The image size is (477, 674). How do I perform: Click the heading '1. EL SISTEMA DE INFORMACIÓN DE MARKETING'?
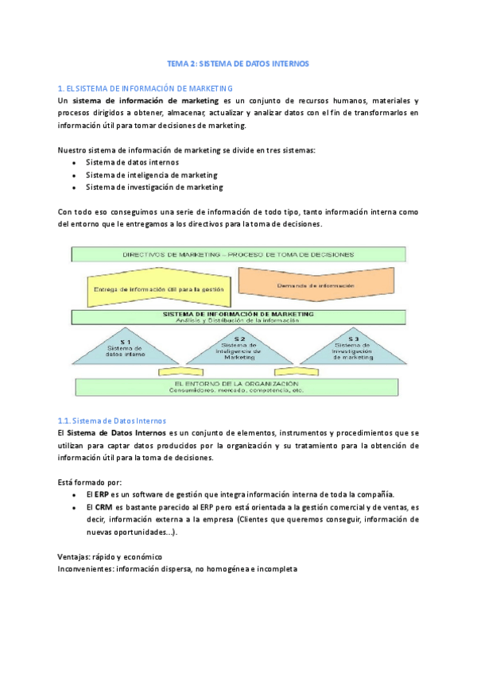point(145,87)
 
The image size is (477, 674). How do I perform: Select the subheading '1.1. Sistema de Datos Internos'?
point(112,420)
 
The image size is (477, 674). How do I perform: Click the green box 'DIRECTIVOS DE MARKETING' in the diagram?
point(238,254)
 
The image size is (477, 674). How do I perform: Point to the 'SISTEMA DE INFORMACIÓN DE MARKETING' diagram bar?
point(238,317)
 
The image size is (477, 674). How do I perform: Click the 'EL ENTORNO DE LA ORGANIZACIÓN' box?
point(238,386)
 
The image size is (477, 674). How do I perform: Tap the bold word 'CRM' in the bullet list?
point(103,507)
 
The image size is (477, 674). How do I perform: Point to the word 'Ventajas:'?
point(77,557)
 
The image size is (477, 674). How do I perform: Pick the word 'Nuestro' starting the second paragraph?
point(73,149)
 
